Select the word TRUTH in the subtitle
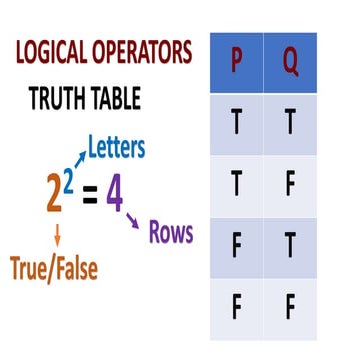point(61,98)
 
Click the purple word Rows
point(170,233)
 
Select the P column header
point(237,62)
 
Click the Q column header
point(290,62)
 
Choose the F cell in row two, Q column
point(290,186)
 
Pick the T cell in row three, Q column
point(290,246)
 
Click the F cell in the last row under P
point(237,306)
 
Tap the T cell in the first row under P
point(237,124)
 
